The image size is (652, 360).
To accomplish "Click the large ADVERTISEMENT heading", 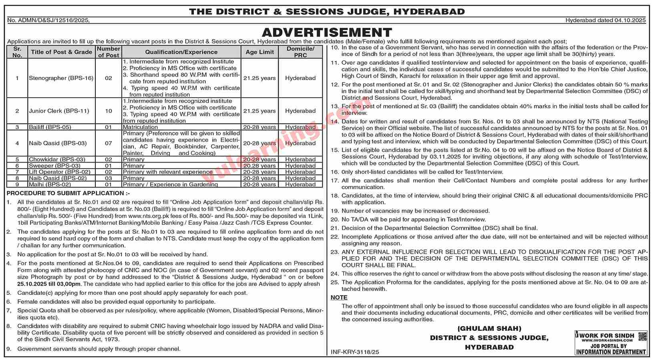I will pos(326,32).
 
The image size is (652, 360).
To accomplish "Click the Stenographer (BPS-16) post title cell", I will pos(61,78).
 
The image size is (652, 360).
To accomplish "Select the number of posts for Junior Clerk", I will pos(109,111).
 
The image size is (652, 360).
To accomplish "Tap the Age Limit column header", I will pos(260,52).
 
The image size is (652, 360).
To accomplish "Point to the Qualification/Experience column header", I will pos(181,52).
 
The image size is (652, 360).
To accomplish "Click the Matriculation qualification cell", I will pos(141,127).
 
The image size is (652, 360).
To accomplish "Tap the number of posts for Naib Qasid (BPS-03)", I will pos(109,143).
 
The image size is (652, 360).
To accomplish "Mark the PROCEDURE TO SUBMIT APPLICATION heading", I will pos(68,193).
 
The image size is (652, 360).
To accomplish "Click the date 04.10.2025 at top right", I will pos(630,20).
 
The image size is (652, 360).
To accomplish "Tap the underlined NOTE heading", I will pos(339,298).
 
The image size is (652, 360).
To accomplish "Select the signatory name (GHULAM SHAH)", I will pos(489,328).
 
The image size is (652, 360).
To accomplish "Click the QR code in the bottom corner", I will pos(642,336).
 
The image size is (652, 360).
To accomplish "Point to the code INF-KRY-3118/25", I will pos(355,352).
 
